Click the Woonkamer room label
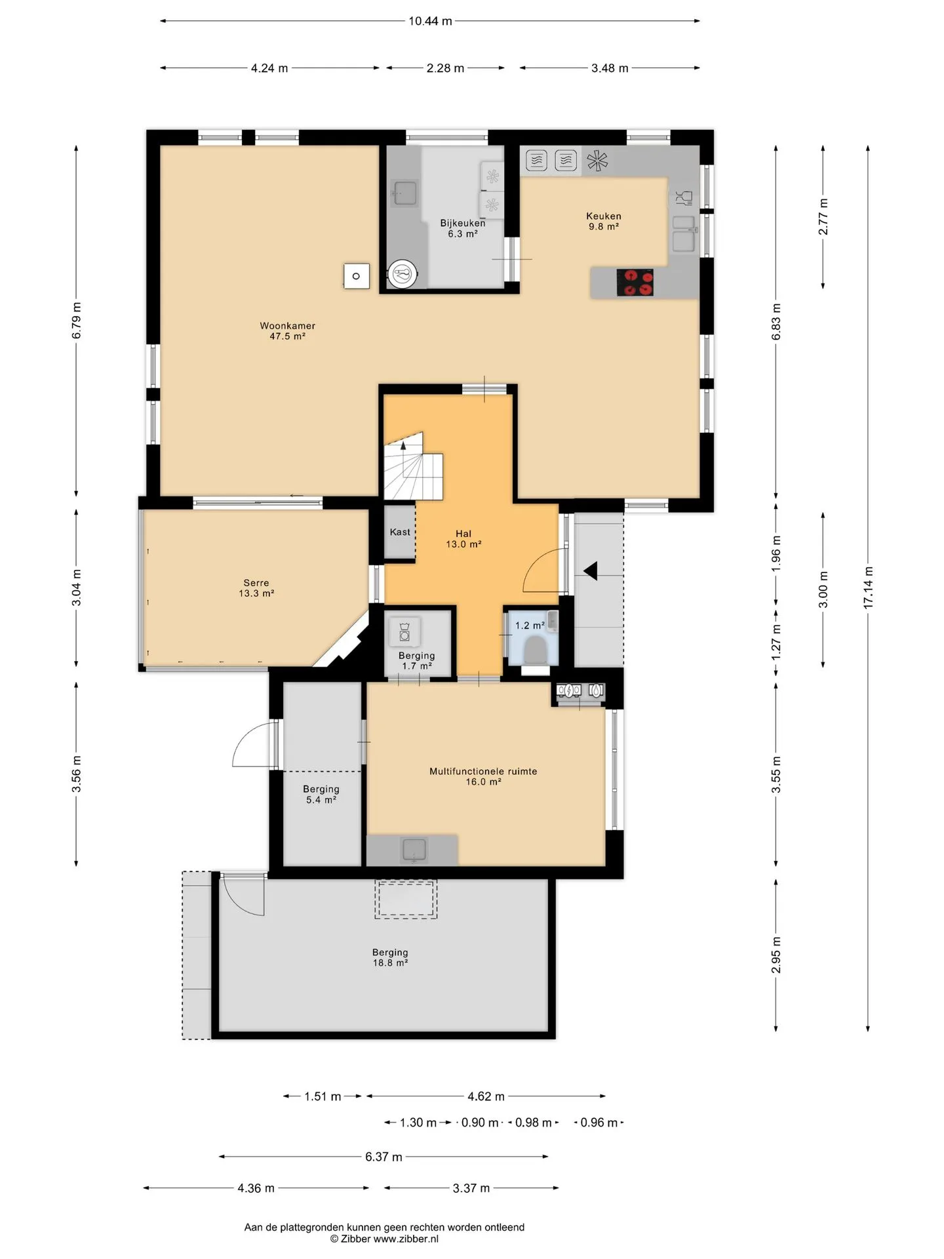click(x=287, y=330)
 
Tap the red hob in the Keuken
click(x=635, y=283)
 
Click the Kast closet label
click(x=400, y=532)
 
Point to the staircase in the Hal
click(x=413, y=467)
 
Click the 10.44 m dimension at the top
click(x=430, y=21)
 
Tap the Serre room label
click(x=256, y=588)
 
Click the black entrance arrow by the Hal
click(x=591, y=571)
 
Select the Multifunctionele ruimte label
click(x=483, y=776)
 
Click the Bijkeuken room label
click(x=463, y=228)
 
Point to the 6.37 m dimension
click(x=383, y=1157)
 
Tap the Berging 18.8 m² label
click(x=390, y=957)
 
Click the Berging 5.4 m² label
click(x=321, y=794)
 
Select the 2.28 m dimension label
click(x=445, y=68)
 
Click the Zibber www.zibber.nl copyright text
click(x=384, y=1239)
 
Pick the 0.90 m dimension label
click(x=480, y=1123)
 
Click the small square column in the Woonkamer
click(x=357, y=276)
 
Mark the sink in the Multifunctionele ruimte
click(x=414, y=850)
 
